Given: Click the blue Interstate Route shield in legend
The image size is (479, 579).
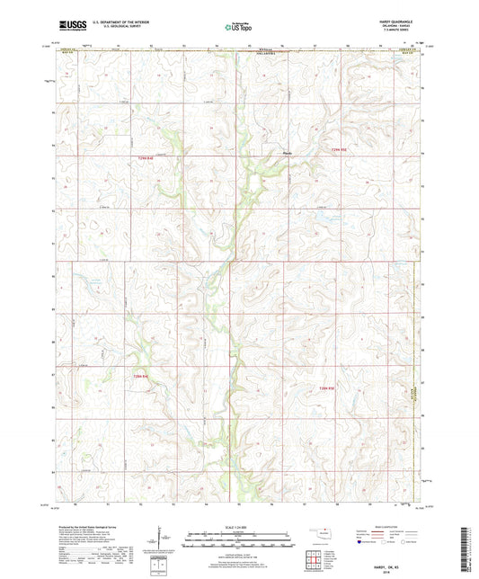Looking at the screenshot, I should click(x=364, y=542).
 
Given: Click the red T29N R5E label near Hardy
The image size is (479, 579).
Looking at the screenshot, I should click(x=334, y=149).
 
